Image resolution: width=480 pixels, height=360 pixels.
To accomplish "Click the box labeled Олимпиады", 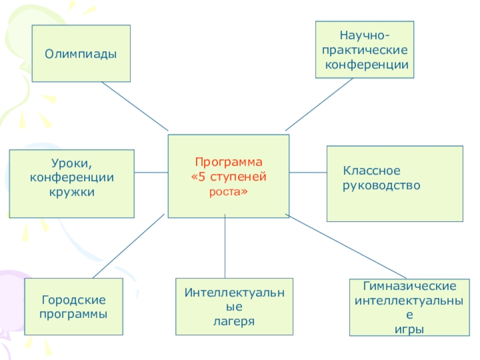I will coord(81,53).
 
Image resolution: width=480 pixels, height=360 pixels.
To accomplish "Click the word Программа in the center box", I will coord(229,162).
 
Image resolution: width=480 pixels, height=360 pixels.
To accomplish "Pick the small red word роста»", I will coord(229,192).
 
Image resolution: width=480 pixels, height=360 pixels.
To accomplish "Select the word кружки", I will coord(72,192).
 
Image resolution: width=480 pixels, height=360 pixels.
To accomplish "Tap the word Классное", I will coord(371,172).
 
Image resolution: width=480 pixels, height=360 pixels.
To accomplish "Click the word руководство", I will coord(382,186).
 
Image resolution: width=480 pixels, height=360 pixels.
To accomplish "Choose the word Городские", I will coord(73,299).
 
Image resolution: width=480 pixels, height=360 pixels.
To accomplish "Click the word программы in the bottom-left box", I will coord(73,314).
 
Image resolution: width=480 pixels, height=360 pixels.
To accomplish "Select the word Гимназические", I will coord(409,286).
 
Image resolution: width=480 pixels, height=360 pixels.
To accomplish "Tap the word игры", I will coord(409,329).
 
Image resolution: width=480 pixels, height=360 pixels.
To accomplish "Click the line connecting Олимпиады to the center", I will coord(135,106).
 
